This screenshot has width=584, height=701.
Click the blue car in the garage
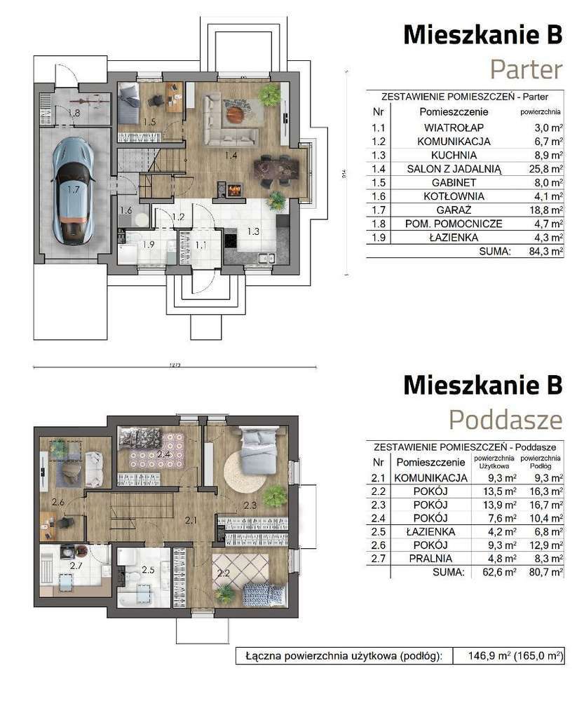click(72, 189)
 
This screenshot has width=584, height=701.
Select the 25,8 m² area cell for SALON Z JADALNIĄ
click(548, 168)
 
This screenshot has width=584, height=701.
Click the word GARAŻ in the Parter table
click(444, 210)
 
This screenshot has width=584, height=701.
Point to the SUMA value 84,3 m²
click(547, 250)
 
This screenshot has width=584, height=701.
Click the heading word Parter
click(525, 70)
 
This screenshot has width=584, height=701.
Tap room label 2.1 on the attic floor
click(191, 519)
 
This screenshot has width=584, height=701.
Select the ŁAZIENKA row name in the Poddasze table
click(430, 531)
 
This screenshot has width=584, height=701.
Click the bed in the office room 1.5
click(128, 103)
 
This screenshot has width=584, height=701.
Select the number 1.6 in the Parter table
click(379, 196)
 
